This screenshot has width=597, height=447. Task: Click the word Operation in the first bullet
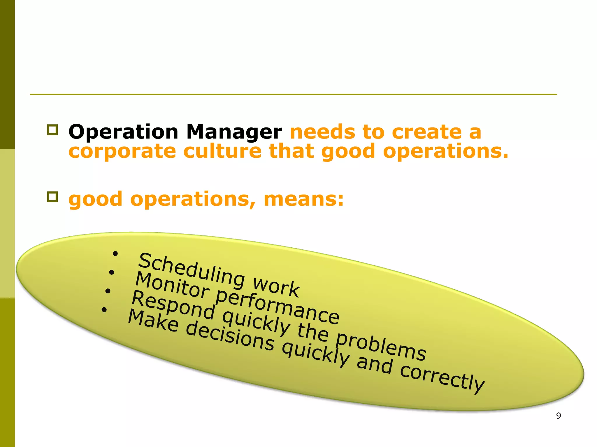click(123, 132)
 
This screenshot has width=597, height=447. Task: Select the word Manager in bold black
click(234, 133)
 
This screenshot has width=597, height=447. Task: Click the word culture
click(222, 151)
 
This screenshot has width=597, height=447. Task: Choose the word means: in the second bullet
click(304, 199)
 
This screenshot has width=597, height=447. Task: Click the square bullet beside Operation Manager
click(52, 130)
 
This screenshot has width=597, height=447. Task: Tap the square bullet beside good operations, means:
click(52, 197)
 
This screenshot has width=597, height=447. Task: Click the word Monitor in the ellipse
click(172, 285)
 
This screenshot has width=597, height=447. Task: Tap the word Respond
click(173, 305)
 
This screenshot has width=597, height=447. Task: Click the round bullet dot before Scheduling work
click(115, 254)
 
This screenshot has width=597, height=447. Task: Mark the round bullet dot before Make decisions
click(104, 310)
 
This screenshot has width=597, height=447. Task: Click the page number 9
click(558, 416)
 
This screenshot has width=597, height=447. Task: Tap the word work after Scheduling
click(276, 286)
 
